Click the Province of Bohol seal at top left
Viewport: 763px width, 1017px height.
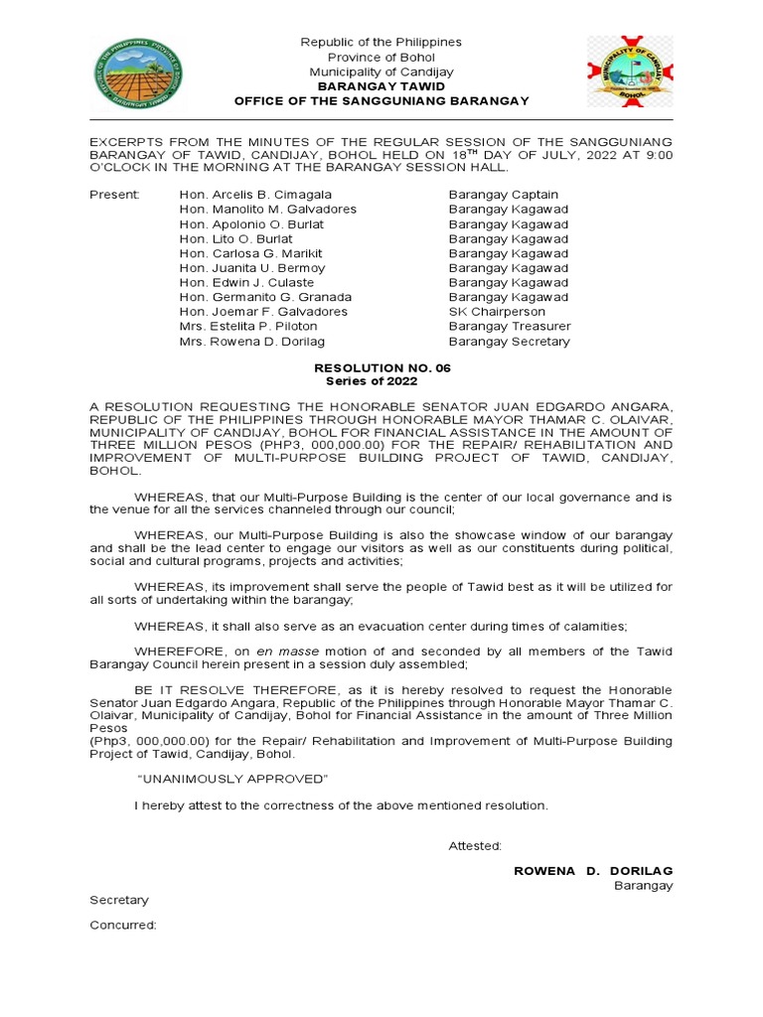click(137, 73)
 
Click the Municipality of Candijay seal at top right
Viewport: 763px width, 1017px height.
click(629, 73)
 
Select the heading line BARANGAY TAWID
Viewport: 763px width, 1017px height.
click(381, 86)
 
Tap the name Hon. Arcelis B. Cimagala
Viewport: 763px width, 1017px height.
click(255, 195)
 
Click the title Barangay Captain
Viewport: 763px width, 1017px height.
click(503, 195)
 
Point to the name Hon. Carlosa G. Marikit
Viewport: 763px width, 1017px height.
click(250, 253)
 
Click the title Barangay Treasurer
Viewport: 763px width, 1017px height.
click(510, 327)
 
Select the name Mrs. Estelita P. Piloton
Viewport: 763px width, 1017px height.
click(248, 327)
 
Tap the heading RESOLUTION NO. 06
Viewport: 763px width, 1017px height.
click(381, 367)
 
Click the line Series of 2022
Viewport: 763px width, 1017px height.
click(381, 381)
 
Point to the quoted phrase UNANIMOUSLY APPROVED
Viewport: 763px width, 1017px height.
click(231, 778)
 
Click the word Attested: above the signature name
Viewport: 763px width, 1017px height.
click(475, 846)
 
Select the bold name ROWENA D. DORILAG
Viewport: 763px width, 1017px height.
click(593, 871)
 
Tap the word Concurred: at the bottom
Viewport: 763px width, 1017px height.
click(123, 925)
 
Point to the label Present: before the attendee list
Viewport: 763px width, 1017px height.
click(115, 195)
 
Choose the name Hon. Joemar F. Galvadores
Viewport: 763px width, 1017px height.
click(263, 312)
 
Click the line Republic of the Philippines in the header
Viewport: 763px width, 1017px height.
click(381, 43)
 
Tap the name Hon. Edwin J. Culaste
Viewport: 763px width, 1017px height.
click(248, 283)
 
